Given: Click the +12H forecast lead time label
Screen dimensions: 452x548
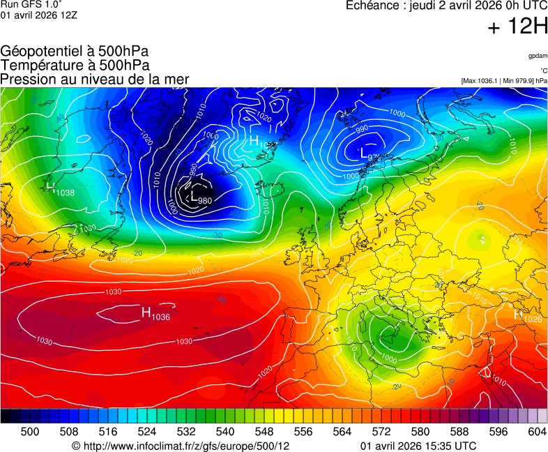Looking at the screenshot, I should [518, 27].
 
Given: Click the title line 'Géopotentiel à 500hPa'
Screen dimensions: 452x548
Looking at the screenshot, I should [75, 52].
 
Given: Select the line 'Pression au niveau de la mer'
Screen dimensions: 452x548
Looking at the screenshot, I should [95, 80].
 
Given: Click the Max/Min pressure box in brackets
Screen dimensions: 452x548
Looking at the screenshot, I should [504, 81].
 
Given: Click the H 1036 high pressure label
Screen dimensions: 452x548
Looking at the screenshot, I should [155, 314].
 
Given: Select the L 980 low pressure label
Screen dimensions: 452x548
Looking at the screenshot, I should [201, 198].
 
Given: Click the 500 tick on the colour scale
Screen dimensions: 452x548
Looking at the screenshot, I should [30, 432].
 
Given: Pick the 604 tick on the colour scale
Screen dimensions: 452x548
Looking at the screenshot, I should [537, 432].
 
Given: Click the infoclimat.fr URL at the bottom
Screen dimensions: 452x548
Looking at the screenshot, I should [181, 446].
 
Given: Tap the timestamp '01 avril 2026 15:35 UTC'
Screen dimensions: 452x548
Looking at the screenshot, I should [418, 446].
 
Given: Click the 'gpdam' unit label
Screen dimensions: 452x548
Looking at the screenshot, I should [538, 56].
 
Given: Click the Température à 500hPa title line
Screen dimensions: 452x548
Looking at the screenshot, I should [75, 66].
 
